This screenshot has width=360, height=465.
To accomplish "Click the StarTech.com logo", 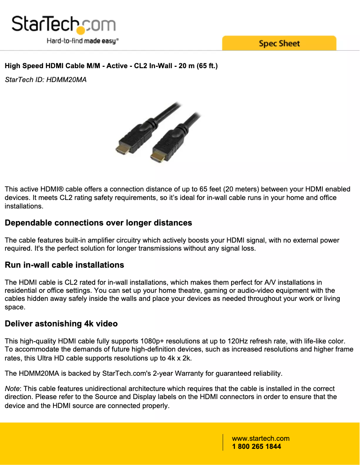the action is pos(63,25).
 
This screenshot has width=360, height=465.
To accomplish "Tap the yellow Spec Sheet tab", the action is pos(279,43).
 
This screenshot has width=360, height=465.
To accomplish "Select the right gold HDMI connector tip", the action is pos(156,157).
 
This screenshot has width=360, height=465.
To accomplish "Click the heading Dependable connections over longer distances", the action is pos(98,223).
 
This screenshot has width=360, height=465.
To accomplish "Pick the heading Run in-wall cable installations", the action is pos(64,265).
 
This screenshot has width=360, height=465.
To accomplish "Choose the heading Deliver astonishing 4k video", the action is pos(61,324).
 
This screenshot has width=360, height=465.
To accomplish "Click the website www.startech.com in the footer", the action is pos(260,439).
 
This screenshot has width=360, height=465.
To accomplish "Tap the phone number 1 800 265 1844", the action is pos(256,447).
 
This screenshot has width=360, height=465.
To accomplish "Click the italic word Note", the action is pos(12,389).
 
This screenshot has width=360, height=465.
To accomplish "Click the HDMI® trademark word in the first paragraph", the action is pos(53,190).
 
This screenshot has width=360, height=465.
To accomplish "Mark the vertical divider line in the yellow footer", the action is pos(223,442).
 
